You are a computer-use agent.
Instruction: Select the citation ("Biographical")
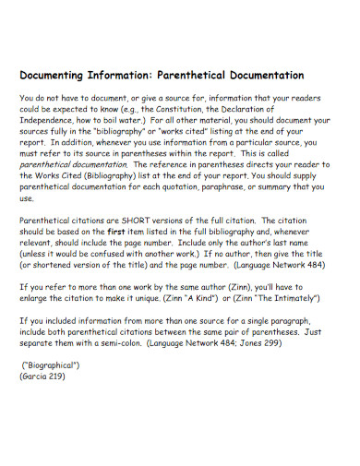pyautogui.click(x=51, y=366)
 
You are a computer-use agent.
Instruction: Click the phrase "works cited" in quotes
pyautogui.click(x=210, y=131)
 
